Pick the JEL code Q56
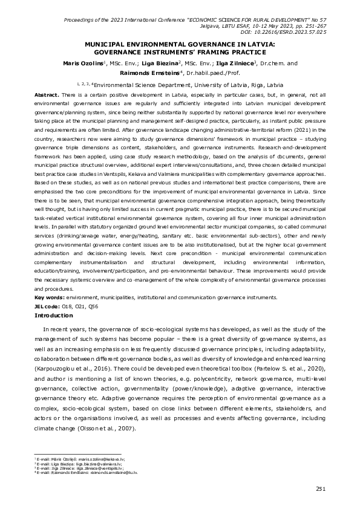94,307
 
